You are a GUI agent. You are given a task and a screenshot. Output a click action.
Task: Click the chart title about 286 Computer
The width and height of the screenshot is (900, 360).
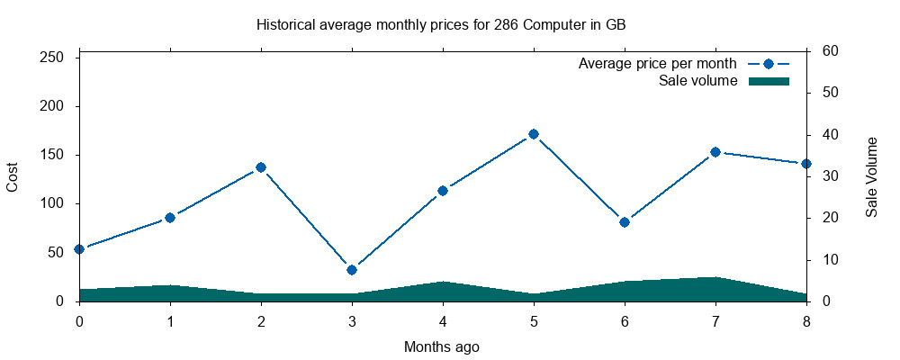(441, 24)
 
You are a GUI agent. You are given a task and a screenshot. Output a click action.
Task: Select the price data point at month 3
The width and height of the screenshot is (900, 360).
(352, 270)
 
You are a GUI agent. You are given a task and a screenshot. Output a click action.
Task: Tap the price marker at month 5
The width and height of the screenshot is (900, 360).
(534, 134)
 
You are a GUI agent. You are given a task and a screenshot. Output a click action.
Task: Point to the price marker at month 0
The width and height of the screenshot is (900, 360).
(79, 249)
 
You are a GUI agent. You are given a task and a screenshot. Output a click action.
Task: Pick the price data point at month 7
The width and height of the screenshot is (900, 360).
(715, 152)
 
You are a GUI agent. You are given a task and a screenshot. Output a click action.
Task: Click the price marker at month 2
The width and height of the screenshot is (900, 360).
(261, 167)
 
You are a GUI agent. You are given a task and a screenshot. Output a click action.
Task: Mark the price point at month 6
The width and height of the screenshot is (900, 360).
(625, 222)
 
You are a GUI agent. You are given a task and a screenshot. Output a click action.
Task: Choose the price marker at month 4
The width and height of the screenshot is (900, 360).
(443, 191)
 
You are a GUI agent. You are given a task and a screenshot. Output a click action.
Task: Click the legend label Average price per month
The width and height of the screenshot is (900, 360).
(658, 64)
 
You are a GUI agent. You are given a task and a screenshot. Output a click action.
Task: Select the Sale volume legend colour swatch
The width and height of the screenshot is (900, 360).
(769, 81)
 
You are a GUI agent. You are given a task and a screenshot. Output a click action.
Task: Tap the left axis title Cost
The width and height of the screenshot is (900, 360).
(13, 176)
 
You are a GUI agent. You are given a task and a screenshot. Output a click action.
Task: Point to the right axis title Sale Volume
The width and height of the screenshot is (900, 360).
(872, 176)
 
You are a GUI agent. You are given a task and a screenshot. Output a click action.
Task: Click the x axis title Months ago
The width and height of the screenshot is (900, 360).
(441, 346)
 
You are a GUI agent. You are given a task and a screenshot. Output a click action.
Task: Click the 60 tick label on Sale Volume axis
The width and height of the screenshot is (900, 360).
(830, 51)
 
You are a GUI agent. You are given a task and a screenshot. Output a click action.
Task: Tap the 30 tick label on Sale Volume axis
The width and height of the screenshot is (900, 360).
(830, 176)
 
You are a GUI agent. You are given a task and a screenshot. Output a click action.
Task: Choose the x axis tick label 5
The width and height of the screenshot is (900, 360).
(534, 321)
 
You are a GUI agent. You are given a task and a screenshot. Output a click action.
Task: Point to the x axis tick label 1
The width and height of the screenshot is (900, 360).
(170, 321)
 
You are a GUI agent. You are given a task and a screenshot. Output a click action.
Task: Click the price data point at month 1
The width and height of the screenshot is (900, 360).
(170, 218)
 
